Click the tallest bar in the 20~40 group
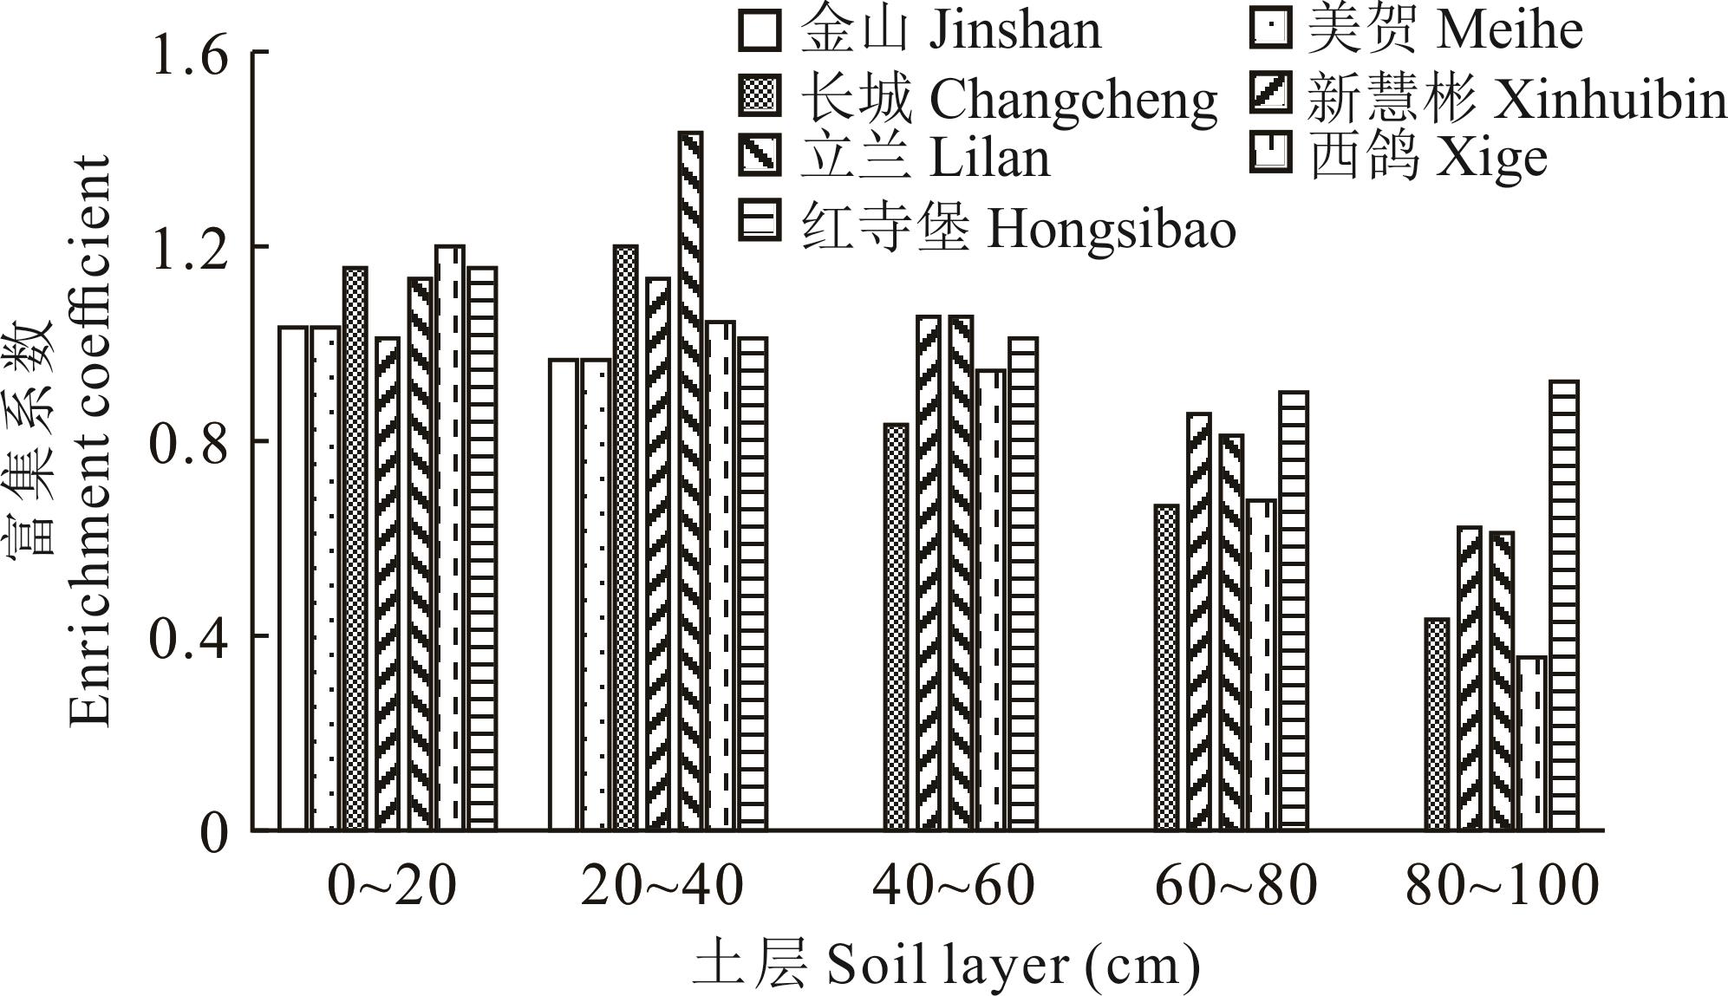coord(690,481)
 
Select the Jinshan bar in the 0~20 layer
coord(292,578)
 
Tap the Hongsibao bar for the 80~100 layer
coord(1565,605)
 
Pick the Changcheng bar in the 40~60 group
coord(896,627)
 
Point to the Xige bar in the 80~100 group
coord(1533,743)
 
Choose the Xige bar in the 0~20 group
coord(450,537)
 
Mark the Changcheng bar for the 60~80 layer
coord(1166,667)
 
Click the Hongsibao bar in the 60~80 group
coord(1294,610)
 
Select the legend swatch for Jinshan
coord(760,29)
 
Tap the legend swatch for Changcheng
coord(760,95)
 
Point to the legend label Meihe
coord(1510,31)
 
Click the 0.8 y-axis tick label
coord(189,443)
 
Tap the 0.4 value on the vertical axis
coord(189,638)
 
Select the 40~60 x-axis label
coord(954,886)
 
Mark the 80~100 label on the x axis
coord(1502,886)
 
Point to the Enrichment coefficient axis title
coord(90,442)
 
